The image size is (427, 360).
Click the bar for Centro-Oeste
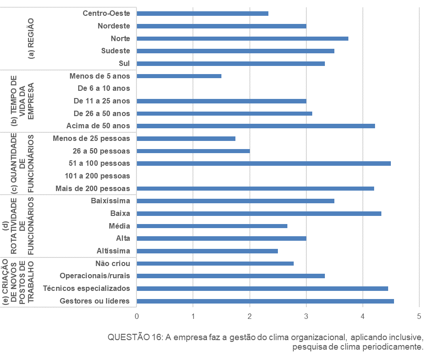(x=202, y=14)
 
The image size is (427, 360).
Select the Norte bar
(x=242, y=38)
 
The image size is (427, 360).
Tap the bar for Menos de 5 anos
(x=179, y=76)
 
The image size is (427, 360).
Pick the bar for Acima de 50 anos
(x=256, y=126)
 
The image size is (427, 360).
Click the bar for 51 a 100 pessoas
(x=263, y=163)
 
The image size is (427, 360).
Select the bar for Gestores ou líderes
(x=265, y=301)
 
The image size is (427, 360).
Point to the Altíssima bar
(x=207, y=251)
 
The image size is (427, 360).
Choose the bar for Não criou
(x=215, y=263)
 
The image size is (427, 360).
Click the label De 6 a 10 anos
(x=104, y=89)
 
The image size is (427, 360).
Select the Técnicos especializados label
(x=86, y=288)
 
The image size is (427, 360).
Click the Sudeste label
(x=116, y=51)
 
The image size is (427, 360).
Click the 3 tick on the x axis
(x=306, y=316)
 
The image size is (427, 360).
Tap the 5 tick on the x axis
(x=419, y=316)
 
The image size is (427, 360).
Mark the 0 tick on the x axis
(x=136, y=316)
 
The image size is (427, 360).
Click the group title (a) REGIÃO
(x=31, y=38)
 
